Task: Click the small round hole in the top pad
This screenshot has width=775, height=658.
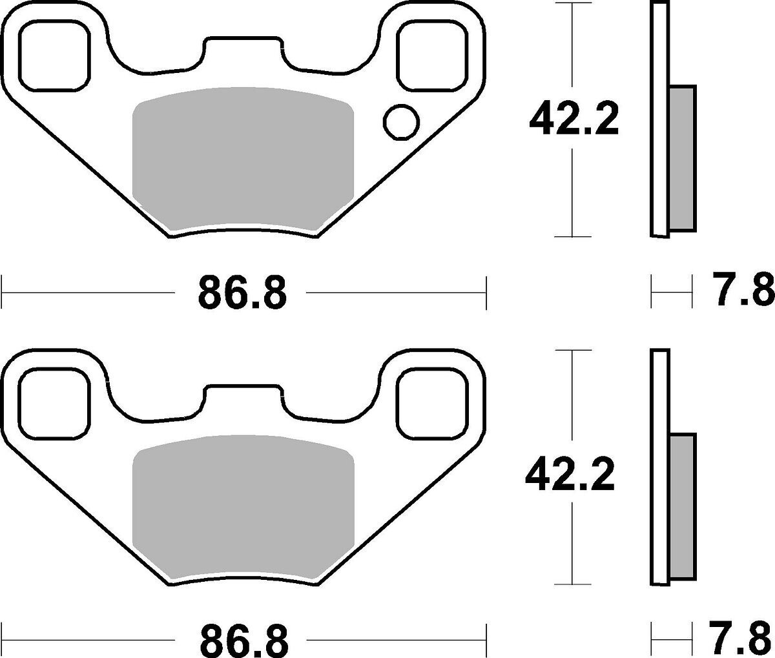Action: click(401, 122)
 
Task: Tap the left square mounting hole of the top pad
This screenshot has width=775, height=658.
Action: click(55, 56)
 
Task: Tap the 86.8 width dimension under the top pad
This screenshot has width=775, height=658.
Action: click(242, 293)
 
